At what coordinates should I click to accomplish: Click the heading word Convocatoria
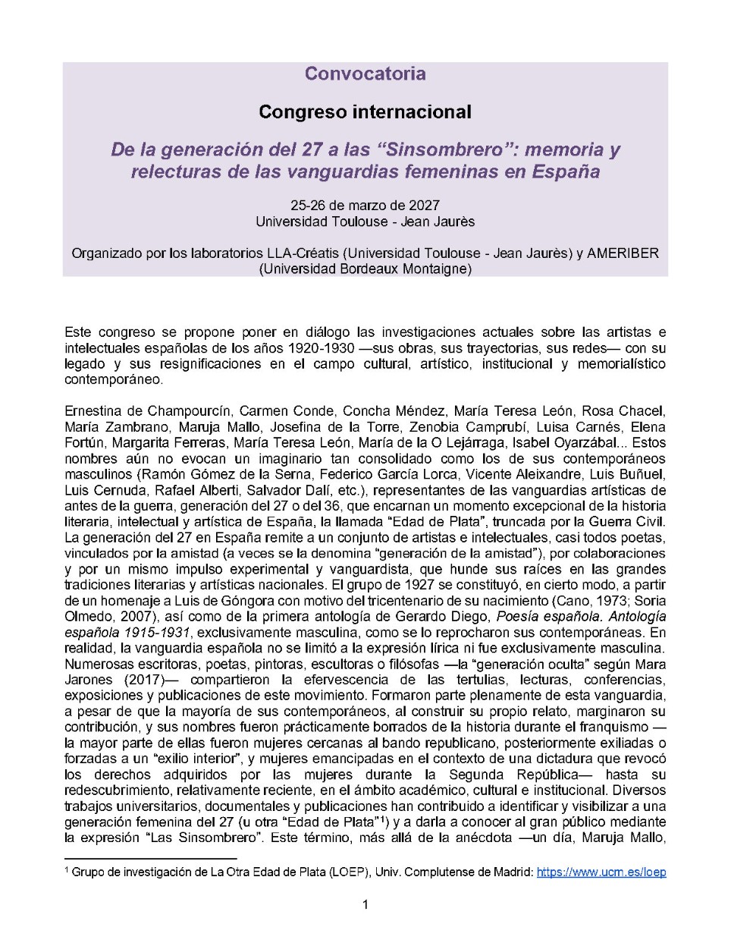(x=365, y=74)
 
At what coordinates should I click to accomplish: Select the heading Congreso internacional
(x=365, y=112)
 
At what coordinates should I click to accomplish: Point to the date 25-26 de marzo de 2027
(x=365, y=206)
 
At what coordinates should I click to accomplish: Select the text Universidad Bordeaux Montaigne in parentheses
(x=365, y=269)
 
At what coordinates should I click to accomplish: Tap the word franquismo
(x=612, y=727)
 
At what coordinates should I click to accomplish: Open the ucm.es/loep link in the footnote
(x=601, y=872)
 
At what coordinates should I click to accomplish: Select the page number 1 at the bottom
(x=365, y=904)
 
